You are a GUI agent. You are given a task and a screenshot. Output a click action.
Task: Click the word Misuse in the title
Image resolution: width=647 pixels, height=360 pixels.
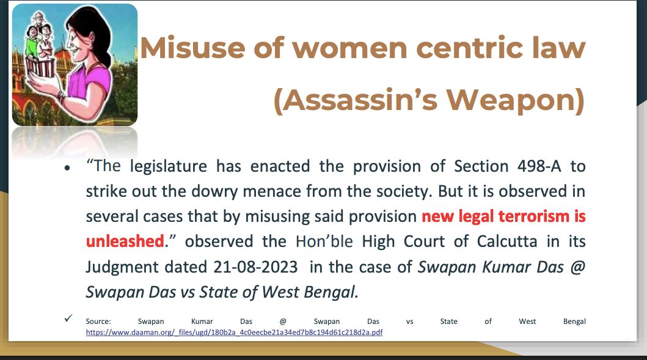click(x=192, y=48)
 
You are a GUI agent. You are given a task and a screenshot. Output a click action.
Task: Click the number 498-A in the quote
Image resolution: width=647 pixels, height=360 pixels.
click(x=539, y=166)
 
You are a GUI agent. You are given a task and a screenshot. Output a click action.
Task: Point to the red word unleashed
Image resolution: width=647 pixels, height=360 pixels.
click(x=125, y=241)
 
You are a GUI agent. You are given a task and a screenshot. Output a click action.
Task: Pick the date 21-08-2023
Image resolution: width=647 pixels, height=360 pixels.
click(x=255, y=266)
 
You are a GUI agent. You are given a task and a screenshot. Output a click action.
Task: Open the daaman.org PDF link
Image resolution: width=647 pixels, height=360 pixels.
click(x=235, y=332)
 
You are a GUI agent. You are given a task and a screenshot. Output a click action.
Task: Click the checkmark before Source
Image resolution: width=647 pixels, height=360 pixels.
click(x=68, y=318)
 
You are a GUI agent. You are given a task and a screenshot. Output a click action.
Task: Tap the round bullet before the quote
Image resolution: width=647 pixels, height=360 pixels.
click(x=67, y=167)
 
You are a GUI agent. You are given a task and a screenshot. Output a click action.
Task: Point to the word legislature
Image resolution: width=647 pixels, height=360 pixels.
click(x=169, y=166)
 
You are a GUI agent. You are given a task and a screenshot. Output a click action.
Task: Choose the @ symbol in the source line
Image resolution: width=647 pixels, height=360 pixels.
click(x=283, y=321)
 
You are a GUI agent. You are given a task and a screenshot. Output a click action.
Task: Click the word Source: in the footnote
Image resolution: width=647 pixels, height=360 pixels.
click(x=98, y=321)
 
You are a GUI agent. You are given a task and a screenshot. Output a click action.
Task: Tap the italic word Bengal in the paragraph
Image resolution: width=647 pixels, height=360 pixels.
click(x=331, y=292)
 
